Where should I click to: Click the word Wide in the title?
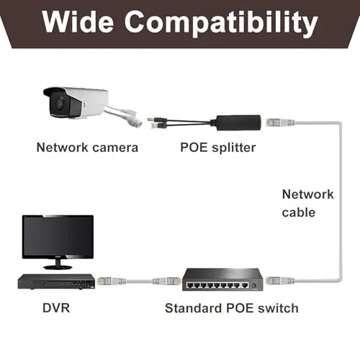pos(78,22)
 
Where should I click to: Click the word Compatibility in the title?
pos(221,24)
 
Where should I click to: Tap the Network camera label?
pos(87,147)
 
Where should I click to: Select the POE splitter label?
pos(218,148)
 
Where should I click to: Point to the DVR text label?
pos(56,308)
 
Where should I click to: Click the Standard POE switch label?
pos(232,308)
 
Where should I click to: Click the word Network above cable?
pos(307,194)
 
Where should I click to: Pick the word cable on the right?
pos(299,212)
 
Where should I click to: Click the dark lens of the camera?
pos(60,103)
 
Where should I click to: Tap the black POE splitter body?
pos(238,122)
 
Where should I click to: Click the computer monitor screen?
pos(58,236)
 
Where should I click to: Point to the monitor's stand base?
pos(58,267)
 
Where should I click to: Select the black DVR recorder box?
pos(56,282)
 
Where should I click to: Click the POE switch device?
pos(222,279)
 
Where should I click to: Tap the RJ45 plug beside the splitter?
pos(279,122)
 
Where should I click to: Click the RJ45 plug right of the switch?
pos(280,280)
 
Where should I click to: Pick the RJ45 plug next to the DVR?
pos(111,281)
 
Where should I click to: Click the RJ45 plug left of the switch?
pos(166,281)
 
